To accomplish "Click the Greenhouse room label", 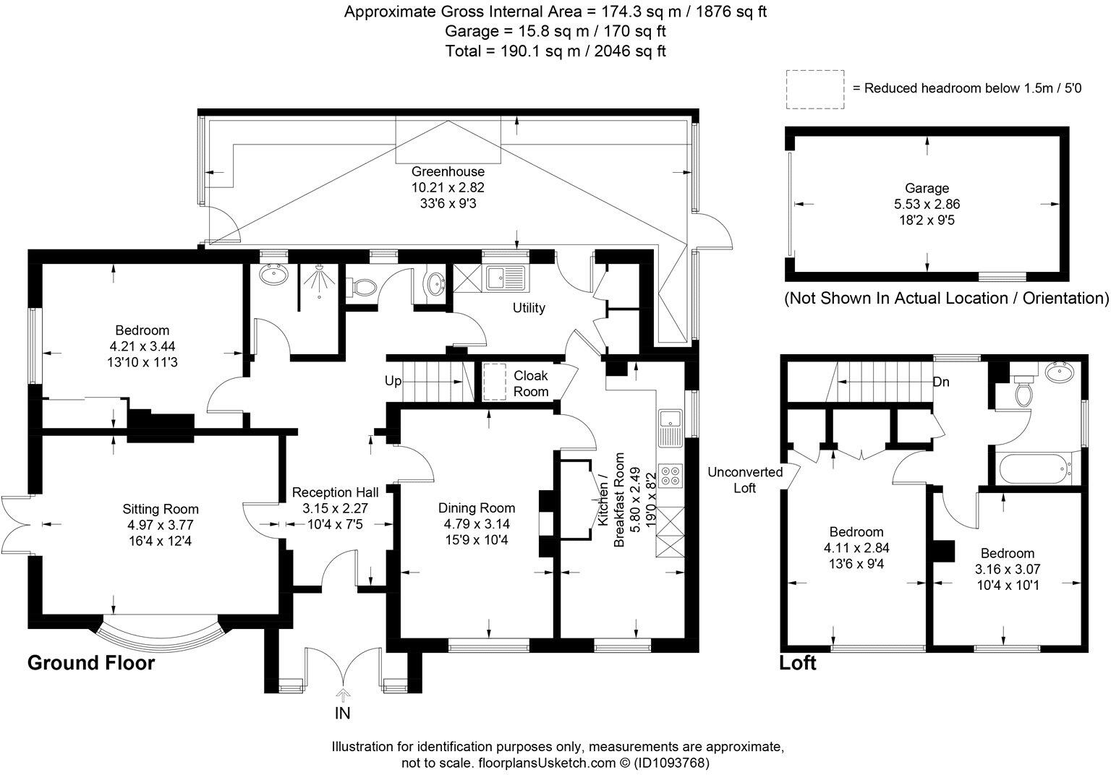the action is [x=448, y=172].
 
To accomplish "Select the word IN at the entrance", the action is [x=342, y=714].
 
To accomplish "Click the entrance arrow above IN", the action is [x=342, y=695].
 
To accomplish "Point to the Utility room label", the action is [x=529, y=308].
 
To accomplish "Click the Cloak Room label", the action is [x=531, y=383].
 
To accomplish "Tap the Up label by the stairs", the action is [x=393, y=381].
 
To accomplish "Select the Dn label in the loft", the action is [x=941, y=382].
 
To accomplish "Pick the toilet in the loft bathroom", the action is [x=1023, y=391].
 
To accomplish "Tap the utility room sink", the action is [x=503, y=276].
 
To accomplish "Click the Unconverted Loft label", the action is [x=745, y=480].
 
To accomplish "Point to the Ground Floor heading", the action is [x=91, y=663].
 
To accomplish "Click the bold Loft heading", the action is [x=797, y=663].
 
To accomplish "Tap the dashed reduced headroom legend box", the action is [x=814, y=90].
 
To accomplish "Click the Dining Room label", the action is [x=477, y=508].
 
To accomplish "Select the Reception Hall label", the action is [x=339, y=492].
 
